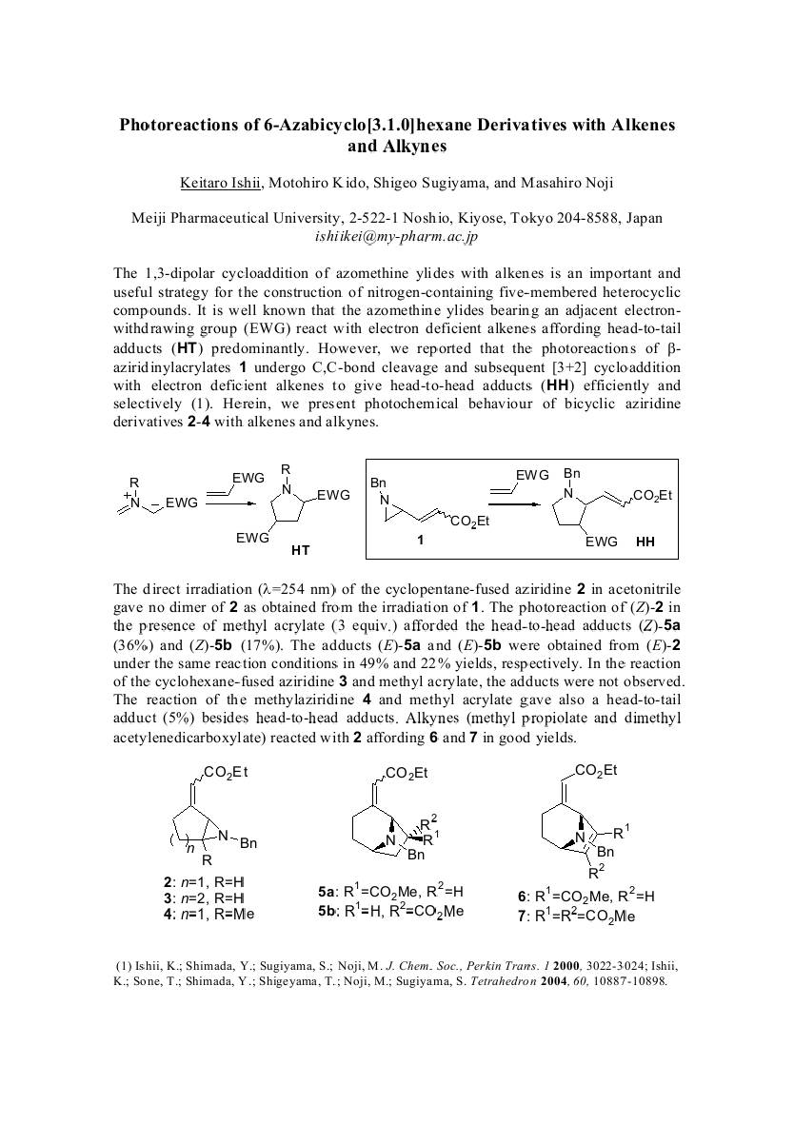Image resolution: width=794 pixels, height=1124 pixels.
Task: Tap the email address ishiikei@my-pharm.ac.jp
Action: click(396, 234)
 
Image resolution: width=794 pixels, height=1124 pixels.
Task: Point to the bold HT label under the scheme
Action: click(301, 550)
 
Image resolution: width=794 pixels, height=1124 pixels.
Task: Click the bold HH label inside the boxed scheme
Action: click(645, 542)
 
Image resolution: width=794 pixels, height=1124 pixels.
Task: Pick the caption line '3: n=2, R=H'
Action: click(204, 897)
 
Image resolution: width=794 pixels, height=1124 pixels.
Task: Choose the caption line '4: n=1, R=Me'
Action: click(208, 914)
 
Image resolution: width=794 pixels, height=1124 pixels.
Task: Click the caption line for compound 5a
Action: click(390, 893)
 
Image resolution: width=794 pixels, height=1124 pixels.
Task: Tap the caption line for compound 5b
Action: click(390, 911)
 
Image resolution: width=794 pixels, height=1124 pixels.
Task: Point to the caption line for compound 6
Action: click(586, 896)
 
